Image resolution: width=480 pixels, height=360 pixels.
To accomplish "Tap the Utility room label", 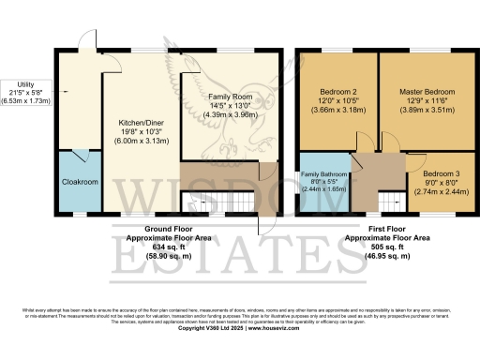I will point(22,82).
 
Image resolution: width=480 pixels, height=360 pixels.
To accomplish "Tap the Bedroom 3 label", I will point(441,174).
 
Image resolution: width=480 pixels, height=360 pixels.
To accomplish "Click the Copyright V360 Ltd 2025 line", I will point(239,329).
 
